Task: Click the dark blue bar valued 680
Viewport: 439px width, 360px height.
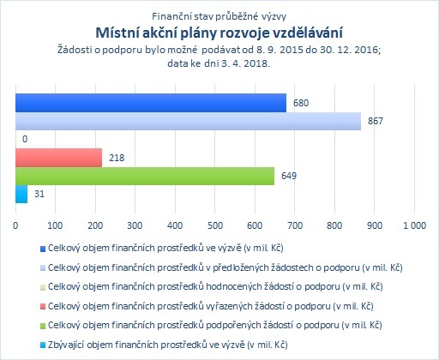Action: (151, 103)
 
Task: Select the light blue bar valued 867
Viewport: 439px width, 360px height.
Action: (188, 121)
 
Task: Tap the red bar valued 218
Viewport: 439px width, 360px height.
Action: (58, 158)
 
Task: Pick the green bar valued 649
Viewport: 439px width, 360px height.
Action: (145, 176)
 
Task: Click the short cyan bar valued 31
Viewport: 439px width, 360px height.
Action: (21, 195)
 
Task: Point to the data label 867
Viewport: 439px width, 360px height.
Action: (375, 121)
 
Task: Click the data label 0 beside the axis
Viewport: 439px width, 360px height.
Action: (25, 139)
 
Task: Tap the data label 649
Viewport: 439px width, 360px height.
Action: (289, 176)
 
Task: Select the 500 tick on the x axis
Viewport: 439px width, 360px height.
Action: (215, 225)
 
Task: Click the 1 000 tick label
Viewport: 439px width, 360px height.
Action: (414, 225)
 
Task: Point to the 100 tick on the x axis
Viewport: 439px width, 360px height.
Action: (55, 225)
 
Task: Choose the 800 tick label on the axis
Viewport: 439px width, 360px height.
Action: (334, 225)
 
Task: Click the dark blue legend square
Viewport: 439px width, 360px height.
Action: (43, 249)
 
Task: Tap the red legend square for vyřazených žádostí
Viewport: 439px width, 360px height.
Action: (43, 307)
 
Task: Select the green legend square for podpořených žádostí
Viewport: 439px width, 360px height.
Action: (43, 326)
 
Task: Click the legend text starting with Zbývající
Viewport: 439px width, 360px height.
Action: (168, 345)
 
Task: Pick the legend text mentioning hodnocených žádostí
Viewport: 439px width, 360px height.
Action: (215, 286)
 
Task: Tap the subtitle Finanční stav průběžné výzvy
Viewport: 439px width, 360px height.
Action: (219, 17)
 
